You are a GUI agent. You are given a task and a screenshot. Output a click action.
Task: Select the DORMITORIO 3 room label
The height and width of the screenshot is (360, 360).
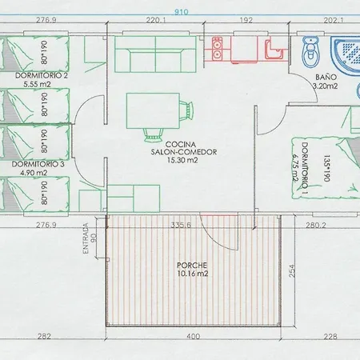click(x=36, y=164)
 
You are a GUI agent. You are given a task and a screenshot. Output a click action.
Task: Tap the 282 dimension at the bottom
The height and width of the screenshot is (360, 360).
click(x=45, y=337)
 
